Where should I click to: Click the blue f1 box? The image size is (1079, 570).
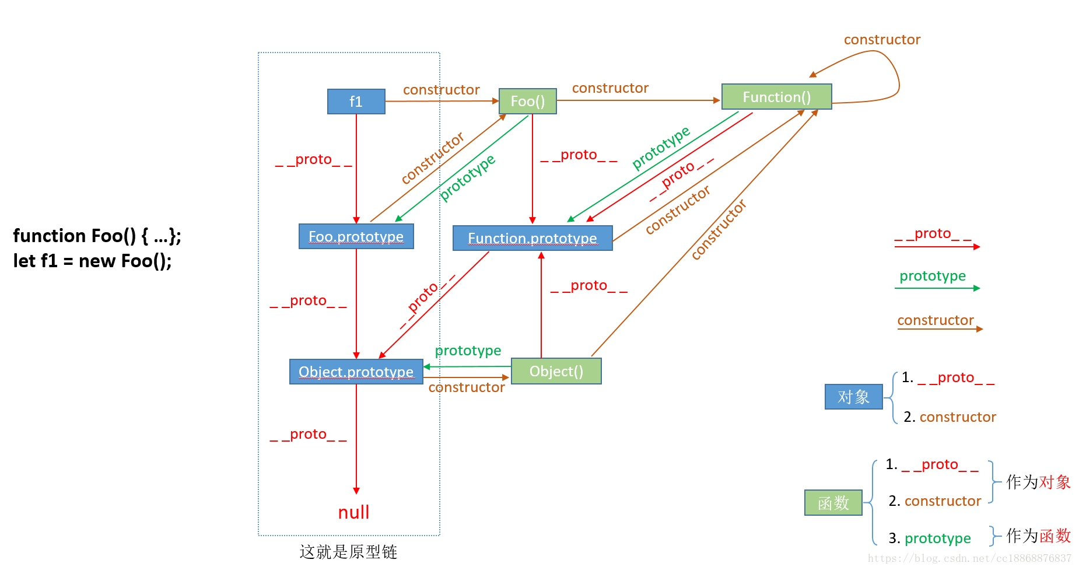[356, 102]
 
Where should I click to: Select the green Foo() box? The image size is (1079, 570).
[527, 102]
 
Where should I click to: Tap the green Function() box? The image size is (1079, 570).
[776, 97]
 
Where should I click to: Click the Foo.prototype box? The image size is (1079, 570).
[356, 236]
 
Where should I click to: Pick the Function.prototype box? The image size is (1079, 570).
[532, 238]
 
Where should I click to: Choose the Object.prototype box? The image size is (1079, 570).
[356, 372]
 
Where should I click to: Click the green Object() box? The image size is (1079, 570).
[556, 371]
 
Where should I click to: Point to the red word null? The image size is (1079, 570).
[353, 512]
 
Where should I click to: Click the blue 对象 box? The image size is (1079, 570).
[853, 397]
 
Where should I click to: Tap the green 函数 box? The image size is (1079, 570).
[833, 502]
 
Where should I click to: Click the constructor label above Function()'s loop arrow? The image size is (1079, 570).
[882, 40]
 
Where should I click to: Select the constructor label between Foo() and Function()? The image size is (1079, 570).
[610, 88]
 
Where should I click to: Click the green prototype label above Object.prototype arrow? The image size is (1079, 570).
[468, 351]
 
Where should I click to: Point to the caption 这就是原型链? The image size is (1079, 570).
[348, 551]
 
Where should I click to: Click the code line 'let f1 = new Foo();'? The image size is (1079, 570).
[92, 261]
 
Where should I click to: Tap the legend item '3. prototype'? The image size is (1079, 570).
[930, 538]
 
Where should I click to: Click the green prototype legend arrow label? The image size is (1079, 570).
[932, 276]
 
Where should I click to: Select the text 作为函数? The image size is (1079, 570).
[1038, 535]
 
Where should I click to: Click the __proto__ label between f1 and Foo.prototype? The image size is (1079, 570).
[313, 160]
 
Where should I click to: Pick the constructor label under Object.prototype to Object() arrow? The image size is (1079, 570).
[466, 387]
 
